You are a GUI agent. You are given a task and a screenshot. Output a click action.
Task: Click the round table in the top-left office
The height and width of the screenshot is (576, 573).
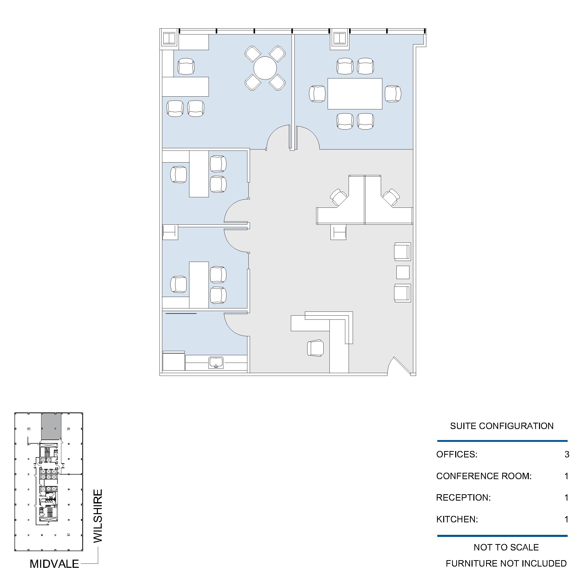point(265,68)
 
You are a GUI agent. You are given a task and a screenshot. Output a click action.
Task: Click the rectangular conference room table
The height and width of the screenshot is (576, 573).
point(355,94)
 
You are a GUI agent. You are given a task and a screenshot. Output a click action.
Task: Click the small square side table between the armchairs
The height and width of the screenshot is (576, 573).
point(403,272)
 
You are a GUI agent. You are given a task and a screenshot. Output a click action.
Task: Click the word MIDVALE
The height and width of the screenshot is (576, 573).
point(54,563)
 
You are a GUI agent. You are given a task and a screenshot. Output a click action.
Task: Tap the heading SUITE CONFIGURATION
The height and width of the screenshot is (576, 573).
point(502,426)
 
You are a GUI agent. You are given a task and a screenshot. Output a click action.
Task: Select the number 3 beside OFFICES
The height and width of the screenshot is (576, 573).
point(567,454)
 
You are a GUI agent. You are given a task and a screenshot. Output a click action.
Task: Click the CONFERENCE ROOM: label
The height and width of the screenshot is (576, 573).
point(484,476)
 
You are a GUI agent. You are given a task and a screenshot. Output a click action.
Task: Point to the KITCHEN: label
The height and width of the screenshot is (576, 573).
point(457,519)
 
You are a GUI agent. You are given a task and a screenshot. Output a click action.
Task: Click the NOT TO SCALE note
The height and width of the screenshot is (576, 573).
point(506,547)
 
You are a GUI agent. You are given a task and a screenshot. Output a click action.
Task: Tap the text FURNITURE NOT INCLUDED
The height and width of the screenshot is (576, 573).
point(506,563)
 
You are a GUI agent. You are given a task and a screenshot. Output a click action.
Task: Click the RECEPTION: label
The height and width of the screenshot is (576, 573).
point(463,497)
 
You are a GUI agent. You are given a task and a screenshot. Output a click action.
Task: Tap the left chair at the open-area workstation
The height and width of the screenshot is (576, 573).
point(339,197)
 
